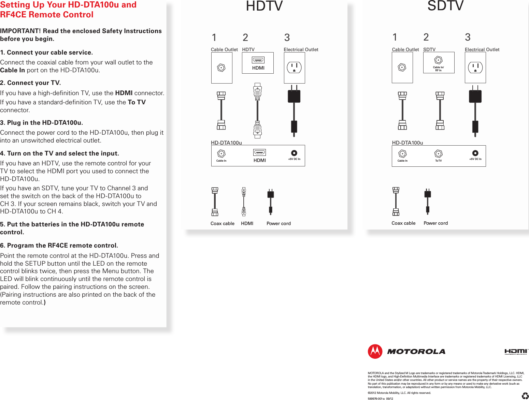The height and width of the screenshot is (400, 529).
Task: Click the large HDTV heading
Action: (x=264, y=6)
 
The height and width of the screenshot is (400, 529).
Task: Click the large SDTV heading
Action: (x=445, y=6)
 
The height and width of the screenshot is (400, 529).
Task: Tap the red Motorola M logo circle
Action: (x=375, y=351)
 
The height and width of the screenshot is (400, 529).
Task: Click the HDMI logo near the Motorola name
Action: (x=516, y=352)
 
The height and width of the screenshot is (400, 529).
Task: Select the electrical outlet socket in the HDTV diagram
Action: (x=294, y=68)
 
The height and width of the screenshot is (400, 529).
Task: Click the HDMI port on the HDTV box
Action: (x=258, y=60)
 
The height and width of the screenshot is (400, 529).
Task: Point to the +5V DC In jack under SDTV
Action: (x=475, y=153)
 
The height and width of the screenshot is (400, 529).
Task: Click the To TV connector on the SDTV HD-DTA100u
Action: (x=438, y=154)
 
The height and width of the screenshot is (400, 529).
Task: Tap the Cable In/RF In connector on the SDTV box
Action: (x=439, y=60)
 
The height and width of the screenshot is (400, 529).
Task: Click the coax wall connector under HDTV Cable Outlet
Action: (x=221, y=68)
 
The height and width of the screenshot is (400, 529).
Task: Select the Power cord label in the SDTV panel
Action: (x=435, y=223)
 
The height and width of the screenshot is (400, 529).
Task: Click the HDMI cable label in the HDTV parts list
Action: (x=247, y=223)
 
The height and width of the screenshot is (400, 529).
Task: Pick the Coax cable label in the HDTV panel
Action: (x=222, y=223)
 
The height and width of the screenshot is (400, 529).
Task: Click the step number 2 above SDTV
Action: (x=426, y=37)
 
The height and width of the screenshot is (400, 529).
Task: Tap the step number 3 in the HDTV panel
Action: (x=287, y=37)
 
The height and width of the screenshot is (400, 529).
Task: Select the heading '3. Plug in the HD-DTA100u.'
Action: (x=41, y=122)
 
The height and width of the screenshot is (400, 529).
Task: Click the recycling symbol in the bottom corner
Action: (x=525, y=396)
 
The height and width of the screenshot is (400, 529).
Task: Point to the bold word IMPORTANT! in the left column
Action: (x=20, y=31)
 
